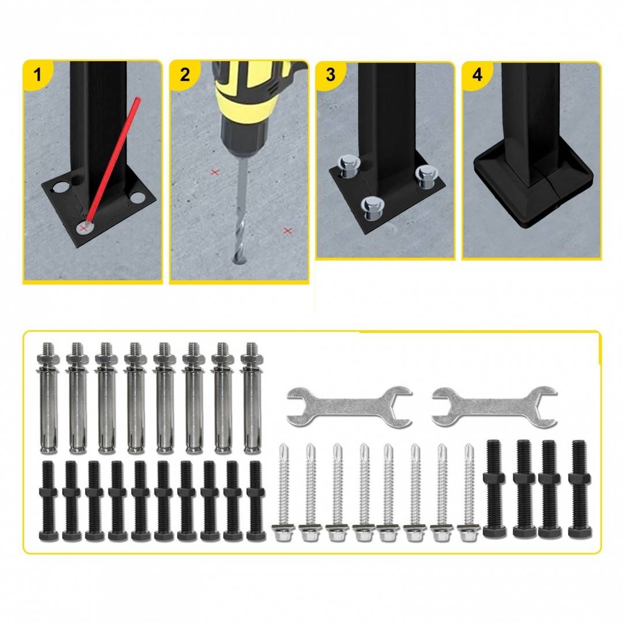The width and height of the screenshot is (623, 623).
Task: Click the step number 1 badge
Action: (37, 74)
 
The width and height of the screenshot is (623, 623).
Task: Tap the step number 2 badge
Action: (185, 74)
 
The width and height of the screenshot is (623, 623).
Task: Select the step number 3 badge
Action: (331, 74)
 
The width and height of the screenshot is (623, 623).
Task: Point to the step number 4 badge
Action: (477, 74)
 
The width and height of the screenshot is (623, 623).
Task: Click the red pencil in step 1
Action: (112, 160)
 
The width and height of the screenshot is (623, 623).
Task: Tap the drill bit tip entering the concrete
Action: (238, 260)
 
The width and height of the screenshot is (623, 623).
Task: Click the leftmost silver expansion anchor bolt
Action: (48, 397)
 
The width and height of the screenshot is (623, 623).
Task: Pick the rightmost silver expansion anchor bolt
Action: (252, 397)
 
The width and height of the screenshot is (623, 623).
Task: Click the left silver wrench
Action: (349, 407)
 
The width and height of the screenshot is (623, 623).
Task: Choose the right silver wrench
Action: (494, 407)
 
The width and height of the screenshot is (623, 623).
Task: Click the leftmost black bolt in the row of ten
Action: (48, 501)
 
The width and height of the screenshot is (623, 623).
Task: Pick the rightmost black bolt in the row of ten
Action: (256, 501)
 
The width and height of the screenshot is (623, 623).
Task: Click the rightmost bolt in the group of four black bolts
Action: (580, 489)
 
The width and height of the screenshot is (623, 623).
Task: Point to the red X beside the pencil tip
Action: (83, 228)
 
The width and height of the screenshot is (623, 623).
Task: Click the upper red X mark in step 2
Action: (215, 172)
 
